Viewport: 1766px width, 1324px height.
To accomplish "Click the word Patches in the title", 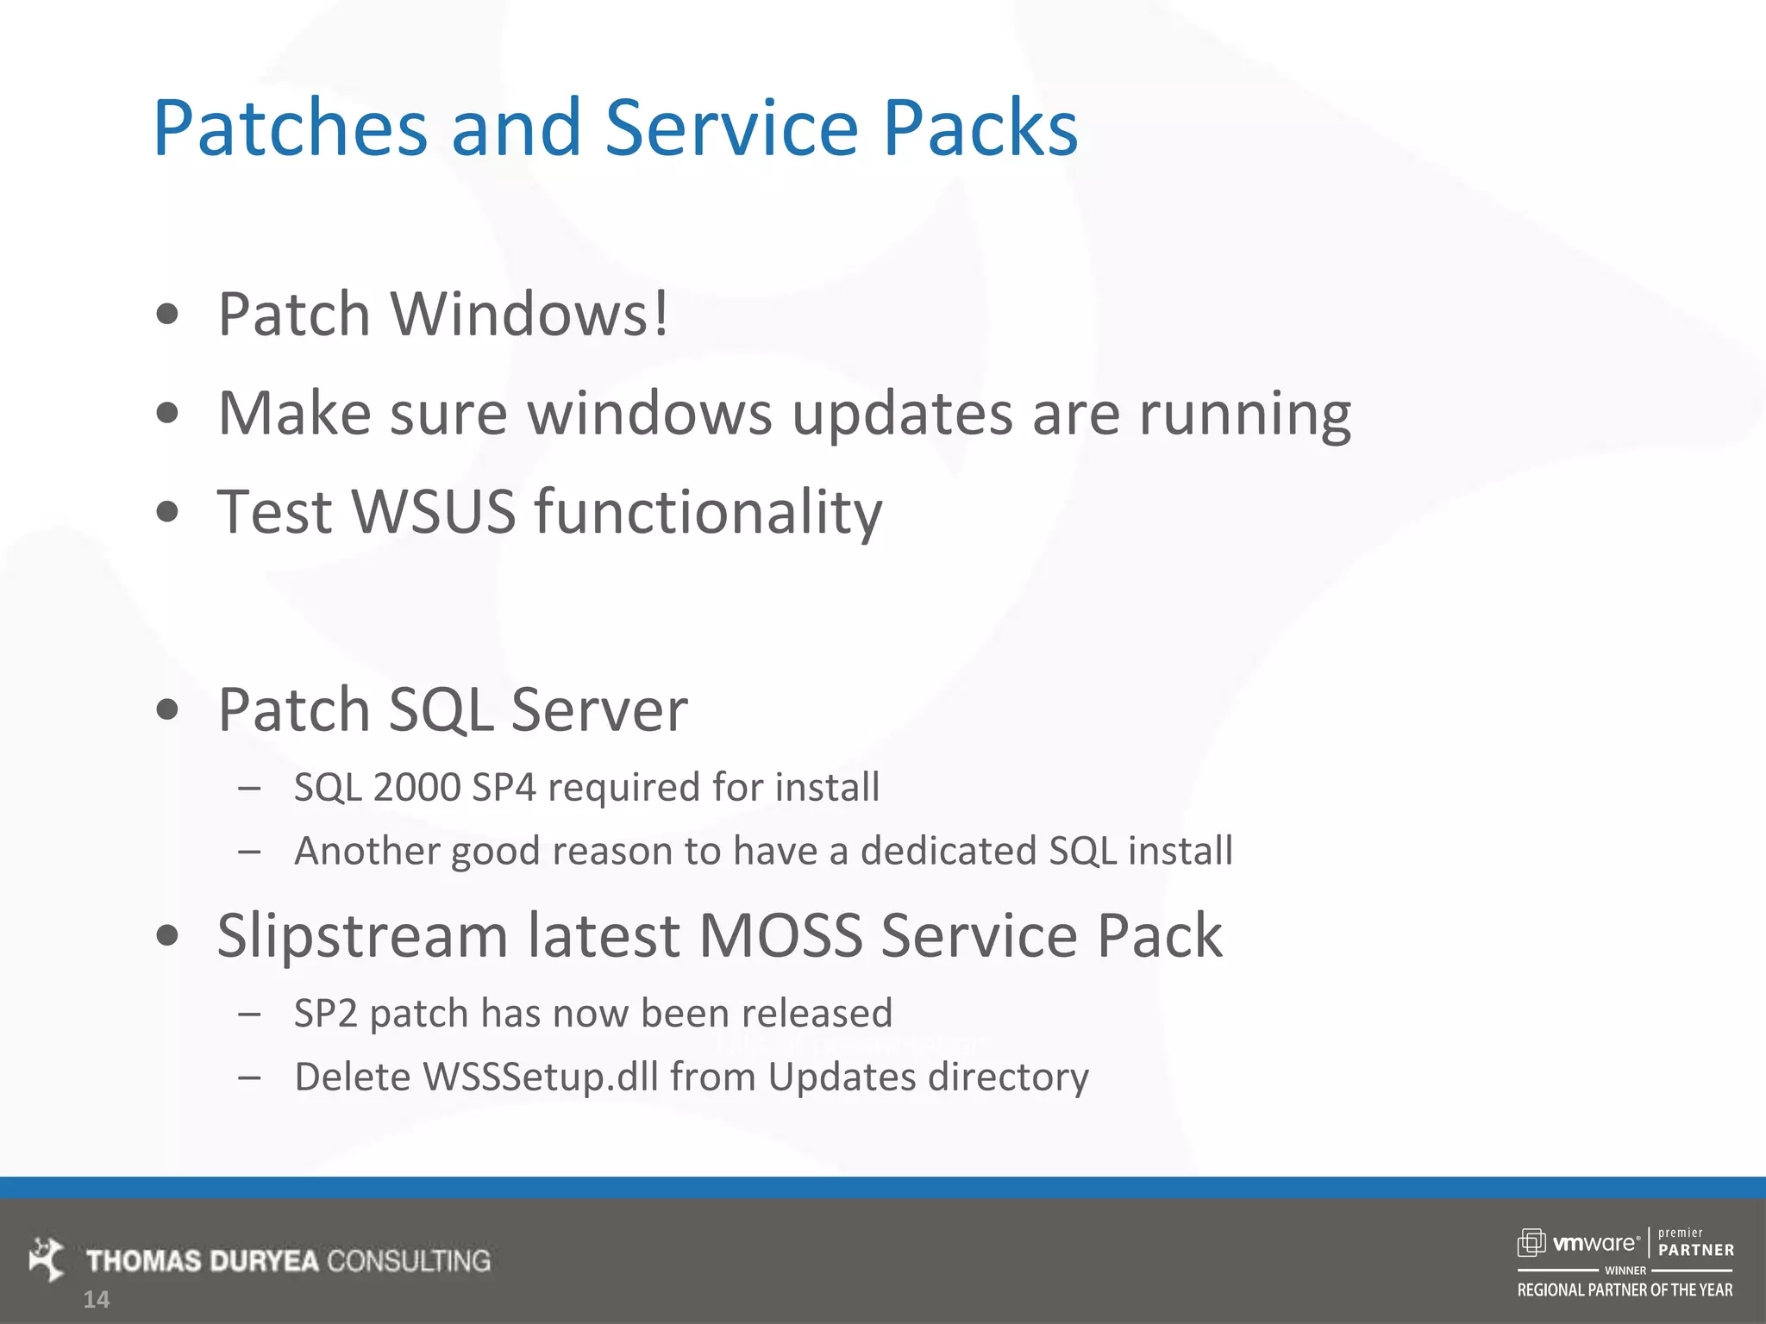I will (290, 129).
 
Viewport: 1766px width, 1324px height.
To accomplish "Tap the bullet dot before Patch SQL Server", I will (168, 710).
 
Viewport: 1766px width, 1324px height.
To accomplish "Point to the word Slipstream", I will (362, 936).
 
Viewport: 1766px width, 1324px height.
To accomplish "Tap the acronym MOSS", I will (780, 936).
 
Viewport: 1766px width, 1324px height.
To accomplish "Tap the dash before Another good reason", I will (249, 852).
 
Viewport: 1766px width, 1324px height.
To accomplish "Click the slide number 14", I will (96, 1300).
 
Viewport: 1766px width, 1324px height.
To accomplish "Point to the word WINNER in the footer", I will (1625, 1271).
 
